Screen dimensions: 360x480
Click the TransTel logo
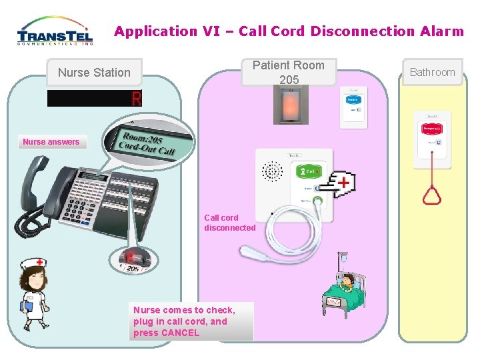pos(55,31)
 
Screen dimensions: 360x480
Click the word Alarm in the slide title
pos(442,31)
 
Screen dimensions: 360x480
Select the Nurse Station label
pos(94,73)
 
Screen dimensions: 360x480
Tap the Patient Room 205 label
pos(289,72)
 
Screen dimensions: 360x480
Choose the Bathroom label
pos(432,72)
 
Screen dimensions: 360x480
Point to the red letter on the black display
pos(137,99)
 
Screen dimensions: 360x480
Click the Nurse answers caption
pos(51,141)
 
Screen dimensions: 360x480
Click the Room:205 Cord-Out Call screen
pos(147,143)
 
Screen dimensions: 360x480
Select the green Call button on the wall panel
pos(308,172)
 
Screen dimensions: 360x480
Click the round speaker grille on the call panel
pos(272,172)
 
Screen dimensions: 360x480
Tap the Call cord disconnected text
pos(229,223)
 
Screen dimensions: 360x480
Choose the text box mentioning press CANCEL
pos(191,321)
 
